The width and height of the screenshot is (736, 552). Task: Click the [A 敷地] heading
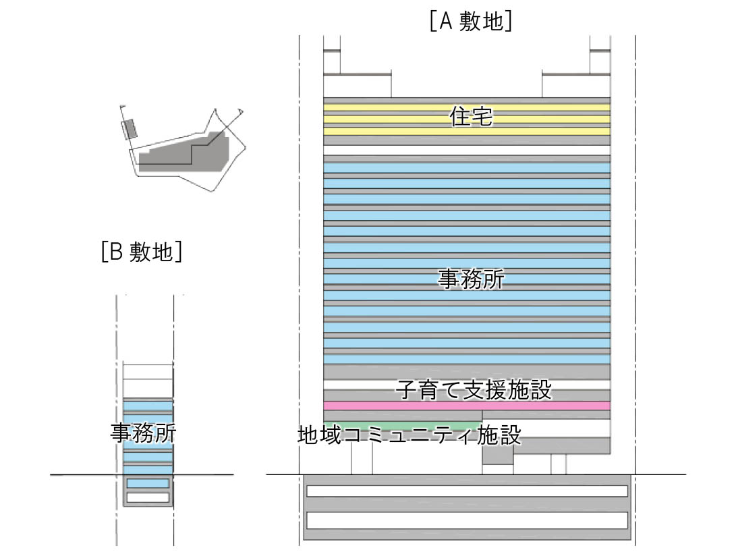coord(470,22)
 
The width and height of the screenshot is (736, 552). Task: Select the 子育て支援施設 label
coord(474,390)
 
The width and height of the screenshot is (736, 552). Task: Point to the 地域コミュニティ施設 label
coord(409,434)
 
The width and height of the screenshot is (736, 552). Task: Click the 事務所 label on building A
coord(471,278)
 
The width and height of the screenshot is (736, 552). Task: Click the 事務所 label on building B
coord(143,432)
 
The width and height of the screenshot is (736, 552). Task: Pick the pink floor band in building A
coord(467,406)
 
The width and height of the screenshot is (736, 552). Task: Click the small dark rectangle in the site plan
coord(129,128)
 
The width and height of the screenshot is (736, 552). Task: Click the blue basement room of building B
coord(148,483)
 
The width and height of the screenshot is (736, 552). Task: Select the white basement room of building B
coord(148,497)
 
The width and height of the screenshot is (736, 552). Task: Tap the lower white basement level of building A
coord(467,520)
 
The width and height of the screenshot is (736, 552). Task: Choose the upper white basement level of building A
coord(467,491)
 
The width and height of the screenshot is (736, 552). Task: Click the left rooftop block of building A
coord(357,85)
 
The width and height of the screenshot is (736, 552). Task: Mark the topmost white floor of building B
coord(148,372)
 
